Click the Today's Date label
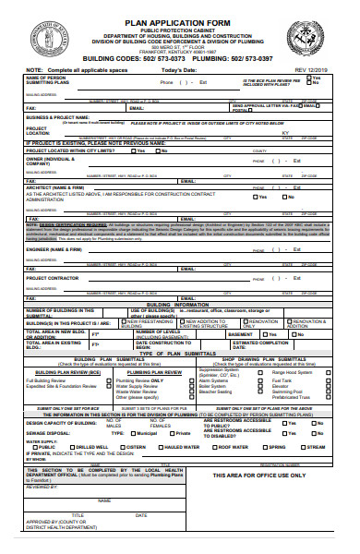coord(185,70)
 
